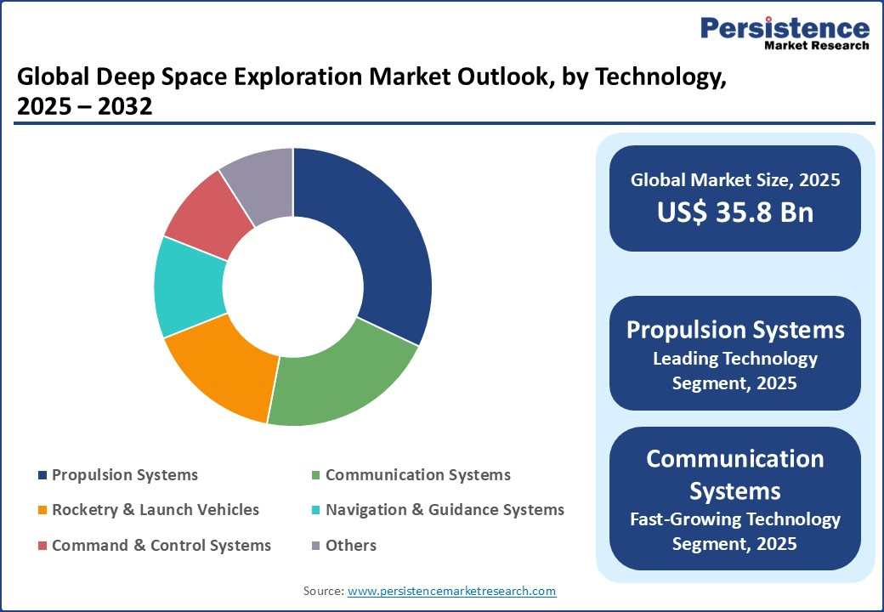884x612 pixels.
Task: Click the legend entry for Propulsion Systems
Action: pos(124,475)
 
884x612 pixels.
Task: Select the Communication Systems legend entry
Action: pos(417,475)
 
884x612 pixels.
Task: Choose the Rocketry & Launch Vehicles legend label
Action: pos(155,510)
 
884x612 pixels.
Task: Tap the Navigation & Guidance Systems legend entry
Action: pos(444,510)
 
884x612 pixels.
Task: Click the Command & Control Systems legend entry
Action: pos(161,546)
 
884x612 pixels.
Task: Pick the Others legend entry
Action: pos(350,546)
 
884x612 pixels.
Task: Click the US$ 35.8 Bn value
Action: pos(734,212)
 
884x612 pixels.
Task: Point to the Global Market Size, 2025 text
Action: pos(734,180)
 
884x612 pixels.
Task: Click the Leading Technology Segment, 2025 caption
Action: pos(734,371)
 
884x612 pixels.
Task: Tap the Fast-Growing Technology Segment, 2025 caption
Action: pos(734,530)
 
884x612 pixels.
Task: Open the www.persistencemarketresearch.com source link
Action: pos(451,591)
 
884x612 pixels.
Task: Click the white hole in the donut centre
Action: pos(293,286)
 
